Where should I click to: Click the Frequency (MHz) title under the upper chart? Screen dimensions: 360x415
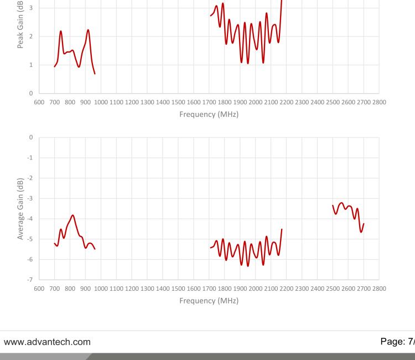pos(209,116)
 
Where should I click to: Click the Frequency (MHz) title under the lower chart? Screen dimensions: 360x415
pos(209,301)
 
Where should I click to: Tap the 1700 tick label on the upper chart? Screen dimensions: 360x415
pos(209,102)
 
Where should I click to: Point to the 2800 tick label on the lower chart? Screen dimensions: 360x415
pos(379,289)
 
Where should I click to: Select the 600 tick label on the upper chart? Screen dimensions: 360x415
pos(39,102)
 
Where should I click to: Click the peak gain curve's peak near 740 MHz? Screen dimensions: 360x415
pos(61,31)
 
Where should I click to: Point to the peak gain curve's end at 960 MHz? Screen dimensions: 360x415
pos(95,74)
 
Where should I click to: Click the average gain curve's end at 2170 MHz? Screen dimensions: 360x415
pos(282,229)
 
